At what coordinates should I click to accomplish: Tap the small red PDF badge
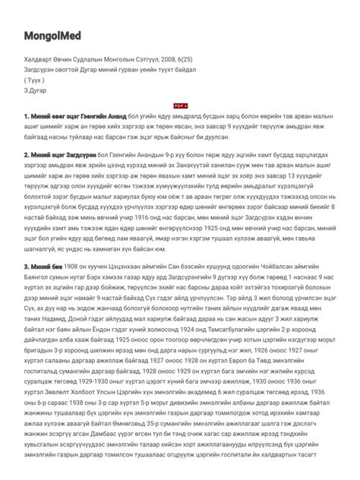pos(180,106)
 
